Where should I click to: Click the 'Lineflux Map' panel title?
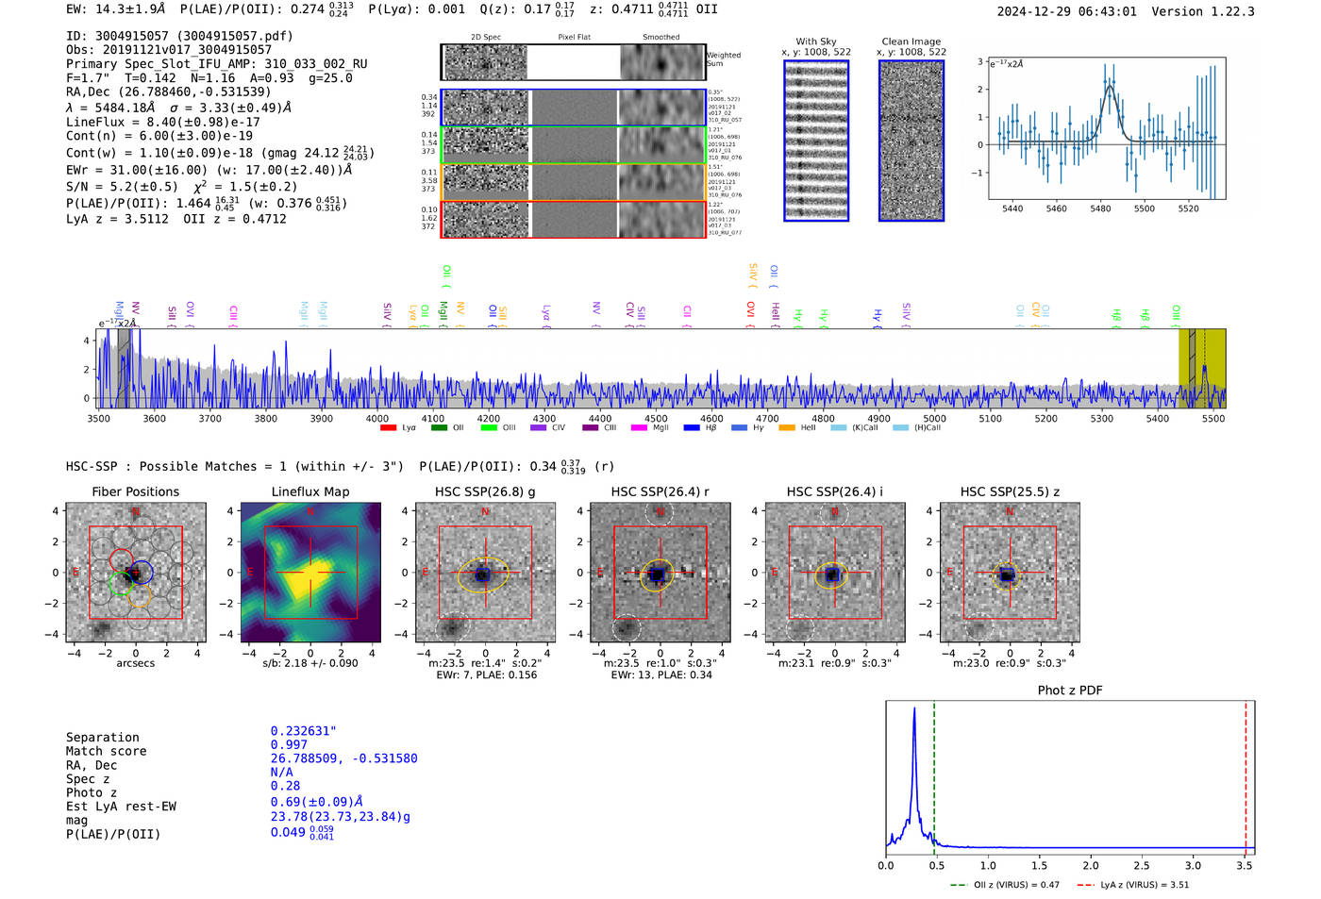[x=309, y=491]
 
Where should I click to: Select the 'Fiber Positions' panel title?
[x=135, y=491]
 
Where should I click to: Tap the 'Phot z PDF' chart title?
[x=1070, y=690]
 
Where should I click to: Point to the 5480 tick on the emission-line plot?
[x=1100, y=208]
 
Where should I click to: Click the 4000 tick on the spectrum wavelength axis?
[x=377, y=418]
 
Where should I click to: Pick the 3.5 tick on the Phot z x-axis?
[x=1245, y=865]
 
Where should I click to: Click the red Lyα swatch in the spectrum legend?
[x=388, y=428]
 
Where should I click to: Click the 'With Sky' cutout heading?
[x=816, y=42]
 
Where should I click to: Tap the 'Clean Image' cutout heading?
[x=911, y=42]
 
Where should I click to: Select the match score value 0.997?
[x=289, y=744]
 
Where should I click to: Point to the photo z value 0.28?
[x=285, y=786]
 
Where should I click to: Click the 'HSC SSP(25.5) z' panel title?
[x=1010, y=491]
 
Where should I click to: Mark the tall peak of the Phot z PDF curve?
[x=914, y=709]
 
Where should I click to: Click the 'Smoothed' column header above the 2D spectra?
[x=660, y=38]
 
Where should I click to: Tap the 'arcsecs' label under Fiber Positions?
[x=135, y=663]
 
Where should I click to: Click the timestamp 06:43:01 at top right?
[x=1103, y=11]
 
